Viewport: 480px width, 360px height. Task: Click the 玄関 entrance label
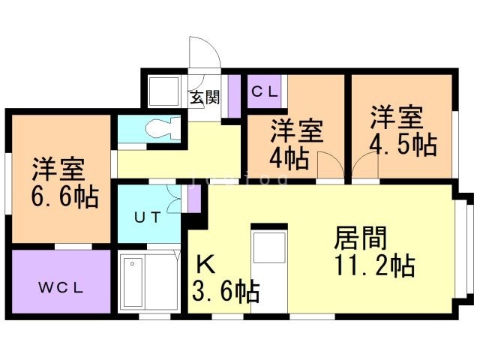(203, 97)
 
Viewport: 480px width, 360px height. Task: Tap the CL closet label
(265, 92)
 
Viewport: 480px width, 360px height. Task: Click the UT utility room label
(146, 218)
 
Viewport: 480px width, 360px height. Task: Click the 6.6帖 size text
(64, 196)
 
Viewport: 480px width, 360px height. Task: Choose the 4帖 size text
(289, 158)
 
